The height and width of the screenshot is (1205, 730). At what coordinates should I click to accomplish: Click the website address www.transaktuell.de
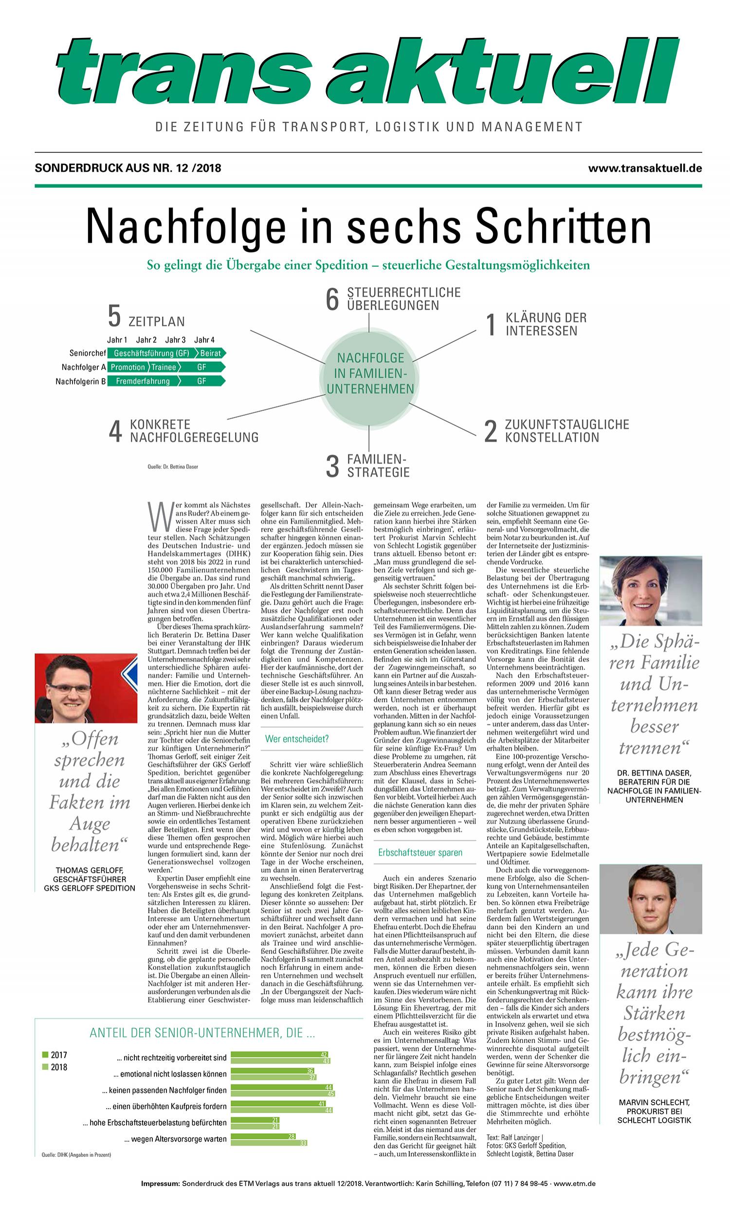coord(645,168)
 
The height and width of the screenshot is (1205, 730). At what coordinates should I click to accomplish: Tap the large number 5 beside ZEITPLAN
coord(114,316)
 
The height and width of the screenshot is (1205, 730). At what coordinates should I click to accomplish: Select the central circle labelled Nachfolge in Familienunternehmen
coord(370,373)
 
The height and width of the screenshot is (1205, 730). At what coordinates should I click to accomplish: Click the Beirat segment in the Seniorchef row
coord(211,353)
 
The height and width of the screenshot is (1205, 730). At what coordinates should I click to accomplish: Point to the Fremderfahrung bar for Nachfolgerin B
coord(142,381)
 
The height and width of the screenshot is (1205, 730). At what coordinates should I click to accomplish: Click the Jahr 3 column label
coord(175,340)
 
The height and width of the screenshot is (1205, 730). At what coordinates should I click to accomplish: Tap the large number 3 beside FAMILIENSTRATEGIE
coord(332,465)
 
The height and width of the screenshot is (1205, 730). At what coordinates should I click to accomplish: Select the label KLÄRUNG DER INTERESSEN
coord(546,324)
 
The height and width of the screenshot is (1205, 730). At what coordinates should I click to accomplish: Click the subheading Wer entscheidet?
coord(297,739)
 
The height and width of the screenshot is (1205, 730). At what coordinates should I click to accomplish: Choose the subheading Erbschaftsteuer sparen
coord(420,853)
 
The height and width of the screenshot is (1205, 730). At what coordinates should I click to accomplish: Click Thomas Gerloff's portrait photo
coord(86,687)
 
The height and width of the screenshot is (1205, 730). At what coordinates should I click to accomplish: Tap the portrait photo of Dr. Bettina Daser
coord(650,590)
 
